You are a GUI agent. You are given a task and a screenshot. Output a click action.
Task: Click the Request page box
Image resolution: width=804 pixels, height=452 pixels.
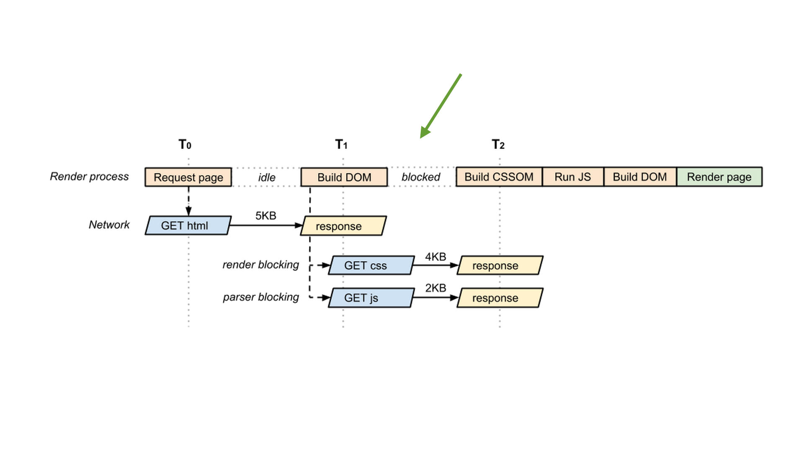[188, 177]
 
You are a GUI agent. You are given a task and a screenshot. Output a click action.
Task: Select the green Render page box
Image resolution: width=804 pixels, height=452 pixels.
[719, 177]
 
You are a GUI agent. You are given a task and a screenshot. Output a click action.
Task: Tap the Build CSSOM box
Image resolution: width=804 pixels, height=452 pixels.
[499, 177]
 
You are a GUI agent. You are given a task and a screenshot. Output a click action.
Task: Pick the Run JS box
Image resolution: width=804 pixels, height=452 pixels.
[572, 177]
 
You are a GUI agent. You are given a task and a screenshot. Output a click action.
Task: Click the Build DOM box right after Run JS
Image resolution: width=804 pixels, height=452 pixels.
[639, 177]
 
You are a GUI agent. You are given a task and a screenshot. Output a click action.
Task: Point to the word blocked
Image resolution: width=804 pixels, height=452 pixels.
[420, 177]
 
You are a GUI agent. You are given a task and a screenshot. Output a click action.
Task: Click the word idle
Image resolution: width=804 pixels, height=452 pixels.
[267, 177]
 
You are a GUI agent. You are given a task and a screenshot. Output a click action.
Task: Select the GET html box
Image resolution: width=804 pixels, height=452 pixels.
[188, 226]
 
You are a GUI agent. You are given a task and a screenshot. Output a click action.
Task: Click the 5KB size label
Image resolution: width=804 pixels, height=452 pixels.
[265, 216]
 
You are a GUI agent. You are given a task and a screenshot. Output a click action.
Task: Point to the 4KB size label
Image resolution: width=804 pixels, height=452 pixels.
[435, 257]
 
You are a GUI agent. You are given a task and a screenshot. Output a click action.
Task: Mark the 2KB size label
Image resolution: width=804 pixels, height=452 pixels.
[435, 288]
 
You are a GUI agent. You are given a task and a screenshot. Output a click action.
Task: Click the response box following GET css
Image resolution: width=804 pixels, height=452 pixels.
[500, 265]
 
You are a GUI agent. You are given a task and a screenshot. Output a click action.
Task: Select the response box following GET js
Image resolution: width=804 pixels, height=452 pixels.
[500, 298]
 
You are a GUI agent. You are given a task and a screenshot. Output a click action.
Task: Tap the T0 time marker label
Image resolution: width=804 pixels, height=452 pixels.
[185, 144]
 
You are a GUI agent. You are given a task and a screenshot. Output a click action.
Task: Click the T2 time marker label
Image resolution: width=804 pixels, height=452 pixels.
[498, 144]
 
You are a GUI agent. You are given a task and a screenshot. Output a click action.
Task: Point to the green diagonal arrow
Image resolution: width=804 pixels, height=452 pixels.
[441, 105]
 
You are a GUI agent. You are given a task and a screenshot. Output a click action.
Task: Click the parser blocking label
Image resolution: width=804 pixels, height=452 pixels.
[260, 297]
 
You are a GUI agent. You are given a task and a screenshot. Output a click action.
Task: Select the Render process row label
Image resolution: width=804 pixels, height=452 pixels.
[89, 177]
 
